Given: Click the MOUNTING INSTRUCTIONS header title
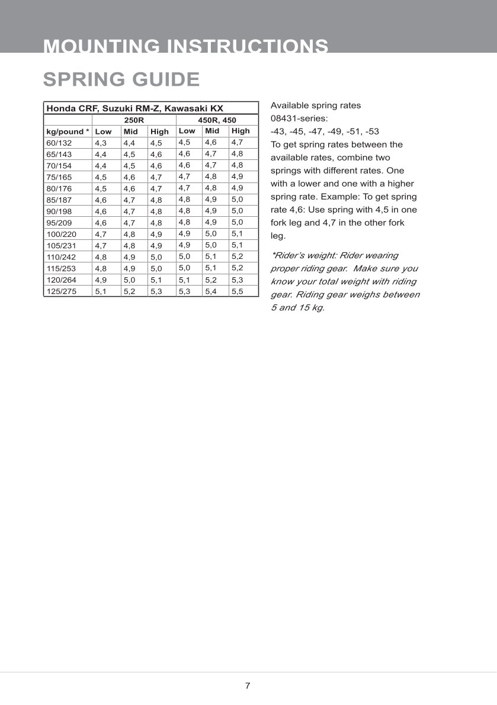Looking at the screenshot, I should pyautogui.click(x=186, y=46).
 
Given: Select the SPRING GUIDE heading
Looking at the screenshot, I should pyautogui.click(x=121, y=79).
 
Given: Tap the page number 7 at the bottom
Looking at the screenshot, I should pyautogui.click(x=248, y=686).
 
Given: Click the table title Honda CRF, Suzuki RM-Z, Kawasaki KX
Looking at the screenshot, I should pyautogui.click(x=134, y=108).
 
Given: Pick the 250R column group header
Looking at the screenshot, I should pyautogui.click(x=134, y=120).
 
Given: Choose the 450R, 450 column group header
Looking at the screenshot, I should pyautogui.click(x=217, y=120).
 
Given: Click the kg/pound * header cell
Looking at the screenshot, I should pyautogui.click(x=68, y=132).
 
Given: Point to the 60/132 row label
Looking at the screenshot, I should pyautogui.click(x=59, y=143).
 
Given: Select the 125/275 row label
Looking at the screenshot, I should pyautogui.click(x=61, y=291).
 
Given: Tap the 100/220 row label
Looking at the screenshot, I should pyautogui.click(x=61, y=234).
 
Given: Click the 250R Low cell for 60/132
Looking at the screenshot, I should pyautogui.click(x=101, y=143).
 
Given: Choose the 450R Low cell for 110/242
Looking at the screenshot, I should pyautogui.click(x=185, y=257).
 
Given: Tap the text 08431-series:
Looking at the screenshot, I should pyautogui.click(x=299, y=118).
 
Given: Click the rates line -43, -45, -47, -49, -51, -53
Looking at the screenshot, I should pyautogui.click(x=325, y=132).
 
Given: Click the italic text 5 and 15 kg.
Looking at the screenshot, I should pyautogui.click(x=297, y=308).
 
